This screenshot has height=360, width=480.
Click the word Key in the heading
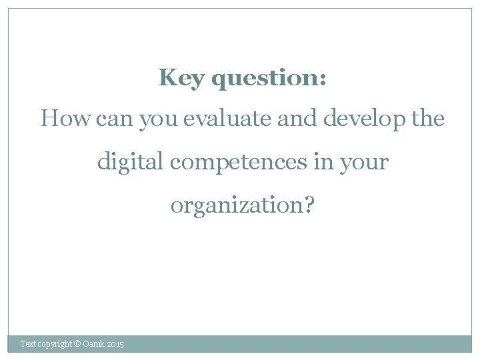[x=181, y=79]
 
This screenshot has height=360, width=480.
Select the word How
[x=66, y=119]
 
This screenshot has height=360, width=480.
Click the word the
[x=428, y=119]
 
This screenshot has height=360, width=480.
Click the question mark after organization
[x=308, y=205]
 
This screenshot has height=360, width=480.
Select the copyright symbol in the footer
[x=77, y=344]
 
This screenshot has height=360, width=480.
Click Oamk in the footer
[x=93, y=344]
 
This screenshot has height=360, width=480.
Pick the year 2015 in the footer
[x=115, y=344]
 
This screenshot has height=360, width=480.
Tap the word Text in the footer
[x=28, y=344]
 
